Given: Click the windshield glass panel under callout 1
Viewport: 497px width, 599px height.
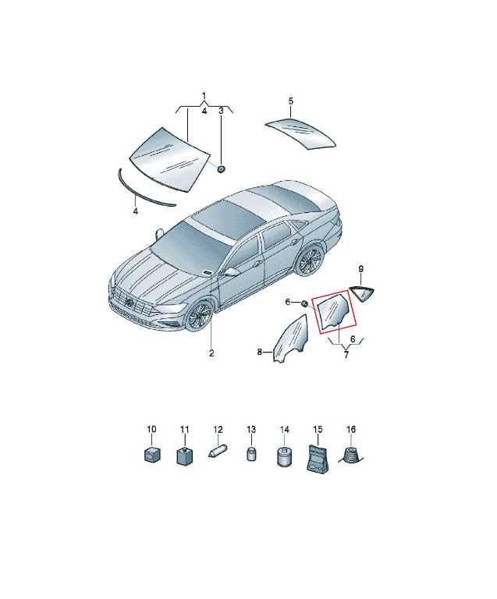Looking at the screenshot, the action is [169, 159].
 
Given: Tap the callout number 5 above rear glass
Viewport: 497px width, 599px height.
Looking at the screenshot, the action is [291, 101].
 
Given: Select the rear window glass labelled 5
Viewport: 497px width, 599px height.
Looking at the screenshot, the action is [300, 133].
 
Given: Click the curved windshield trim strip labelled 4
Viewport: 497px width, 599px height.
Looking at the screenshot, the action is [145, 189].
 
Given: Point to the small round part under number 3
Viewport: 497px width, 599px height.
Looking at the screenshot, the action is [221, 168].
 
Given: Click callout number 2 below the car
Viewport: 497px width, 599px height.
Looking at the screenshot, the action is [211, 353].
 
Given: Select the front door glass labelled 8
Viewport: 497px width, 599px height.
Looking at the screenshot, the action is [290, 338].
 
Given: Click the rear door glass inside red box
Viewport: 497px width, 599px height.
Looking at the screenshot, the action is [332, 311].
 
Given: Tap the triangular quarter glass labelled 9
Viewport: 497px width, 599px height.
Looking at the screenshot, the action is [362, 293].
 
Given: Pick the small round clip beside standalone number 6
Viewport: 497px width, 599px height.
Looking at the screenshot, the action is [304, 303].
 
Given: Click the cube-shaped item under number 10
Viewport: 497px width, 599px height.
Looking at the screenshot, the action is [151, 455].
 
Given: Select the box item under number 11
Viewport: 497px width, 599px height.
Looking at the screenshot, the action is [184, 455].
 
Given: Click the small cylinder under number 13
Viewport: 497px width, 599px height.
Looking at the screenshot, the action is [251, 453].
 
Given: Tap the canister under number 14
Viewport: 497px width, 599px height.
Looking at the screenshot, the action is [284, 455].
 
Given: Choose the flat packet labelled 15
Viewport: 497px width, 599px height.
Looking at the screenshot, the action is [318, 458].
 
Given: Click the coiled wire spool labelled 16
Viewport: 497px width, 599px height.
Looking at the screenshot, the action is [350, 455].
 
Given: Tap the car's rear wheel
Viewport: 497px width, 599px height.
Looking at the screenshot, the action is [310, 261].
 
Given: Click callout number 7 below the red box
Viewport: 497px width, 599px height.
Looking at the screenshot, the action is [346, 355].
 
